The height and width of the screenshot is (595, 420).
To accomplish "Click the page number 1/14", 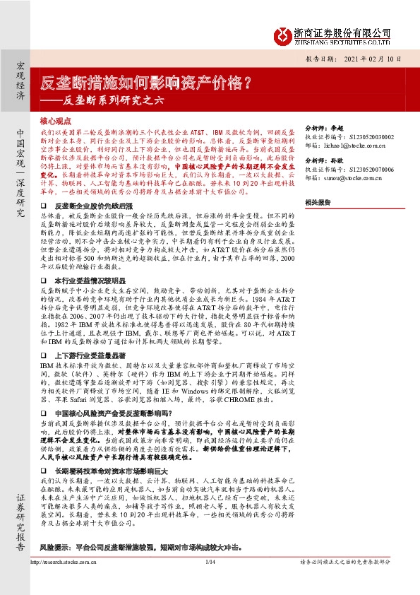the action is point(209,582).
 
